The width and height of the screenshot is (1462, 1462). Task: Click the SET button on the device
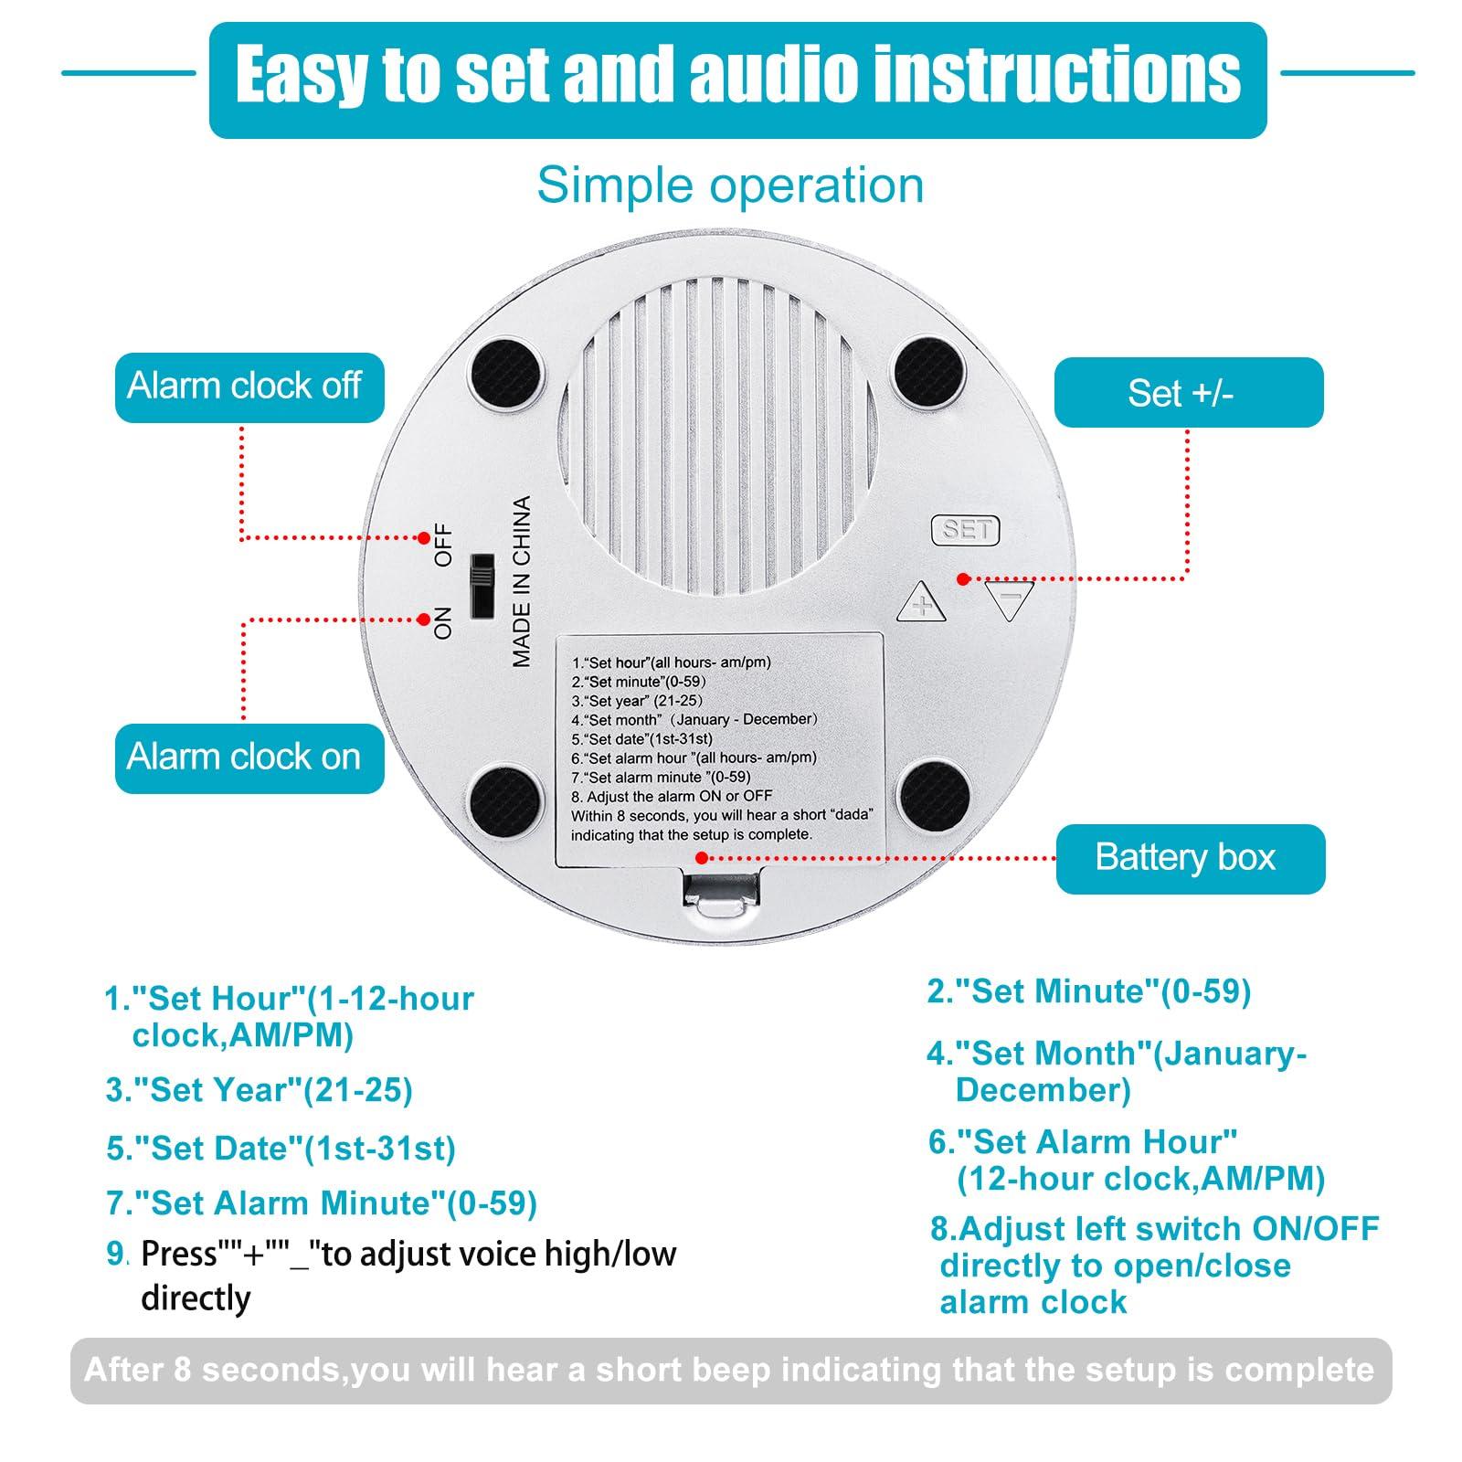point(965,529)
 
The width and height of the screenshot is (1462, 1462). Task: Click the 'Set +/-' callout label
point(1189,393)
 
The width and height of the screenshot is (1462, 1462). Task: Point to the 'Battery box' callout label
point(1191,859)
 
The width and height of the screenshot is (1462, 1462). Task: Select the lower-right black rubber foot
point(930,793)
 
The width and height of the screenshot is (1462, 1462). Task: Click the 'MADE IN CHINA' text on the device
point(521,581)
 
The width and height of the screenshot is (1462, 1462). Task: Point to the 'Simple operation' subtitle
point(730,185)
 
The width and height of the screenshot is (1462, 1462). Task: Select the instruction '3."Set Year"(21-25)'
point(260,1090)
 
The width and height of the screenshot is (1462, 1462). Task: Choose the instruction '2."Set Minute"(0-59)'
point(1089,991)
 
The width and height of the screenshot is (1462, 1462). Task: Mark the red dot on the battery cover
point(701,857)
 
